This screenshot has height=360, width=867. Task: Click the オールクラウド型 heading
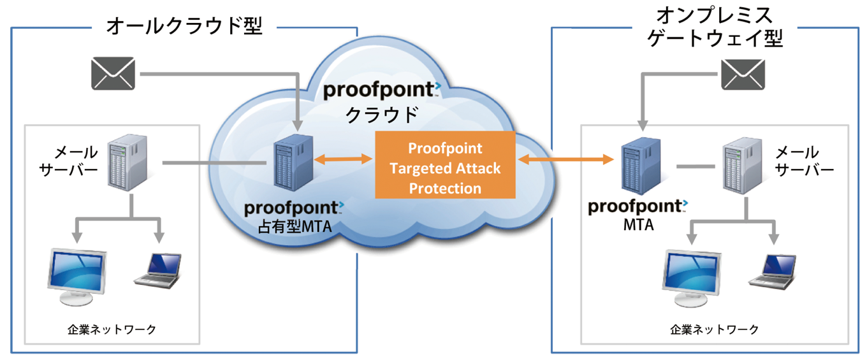[184, 26]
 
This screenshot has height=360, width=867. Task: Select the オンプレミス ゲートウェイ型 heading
[714, 26]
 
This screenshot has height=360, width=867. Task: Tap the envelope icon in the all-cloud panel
[113, 73]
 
